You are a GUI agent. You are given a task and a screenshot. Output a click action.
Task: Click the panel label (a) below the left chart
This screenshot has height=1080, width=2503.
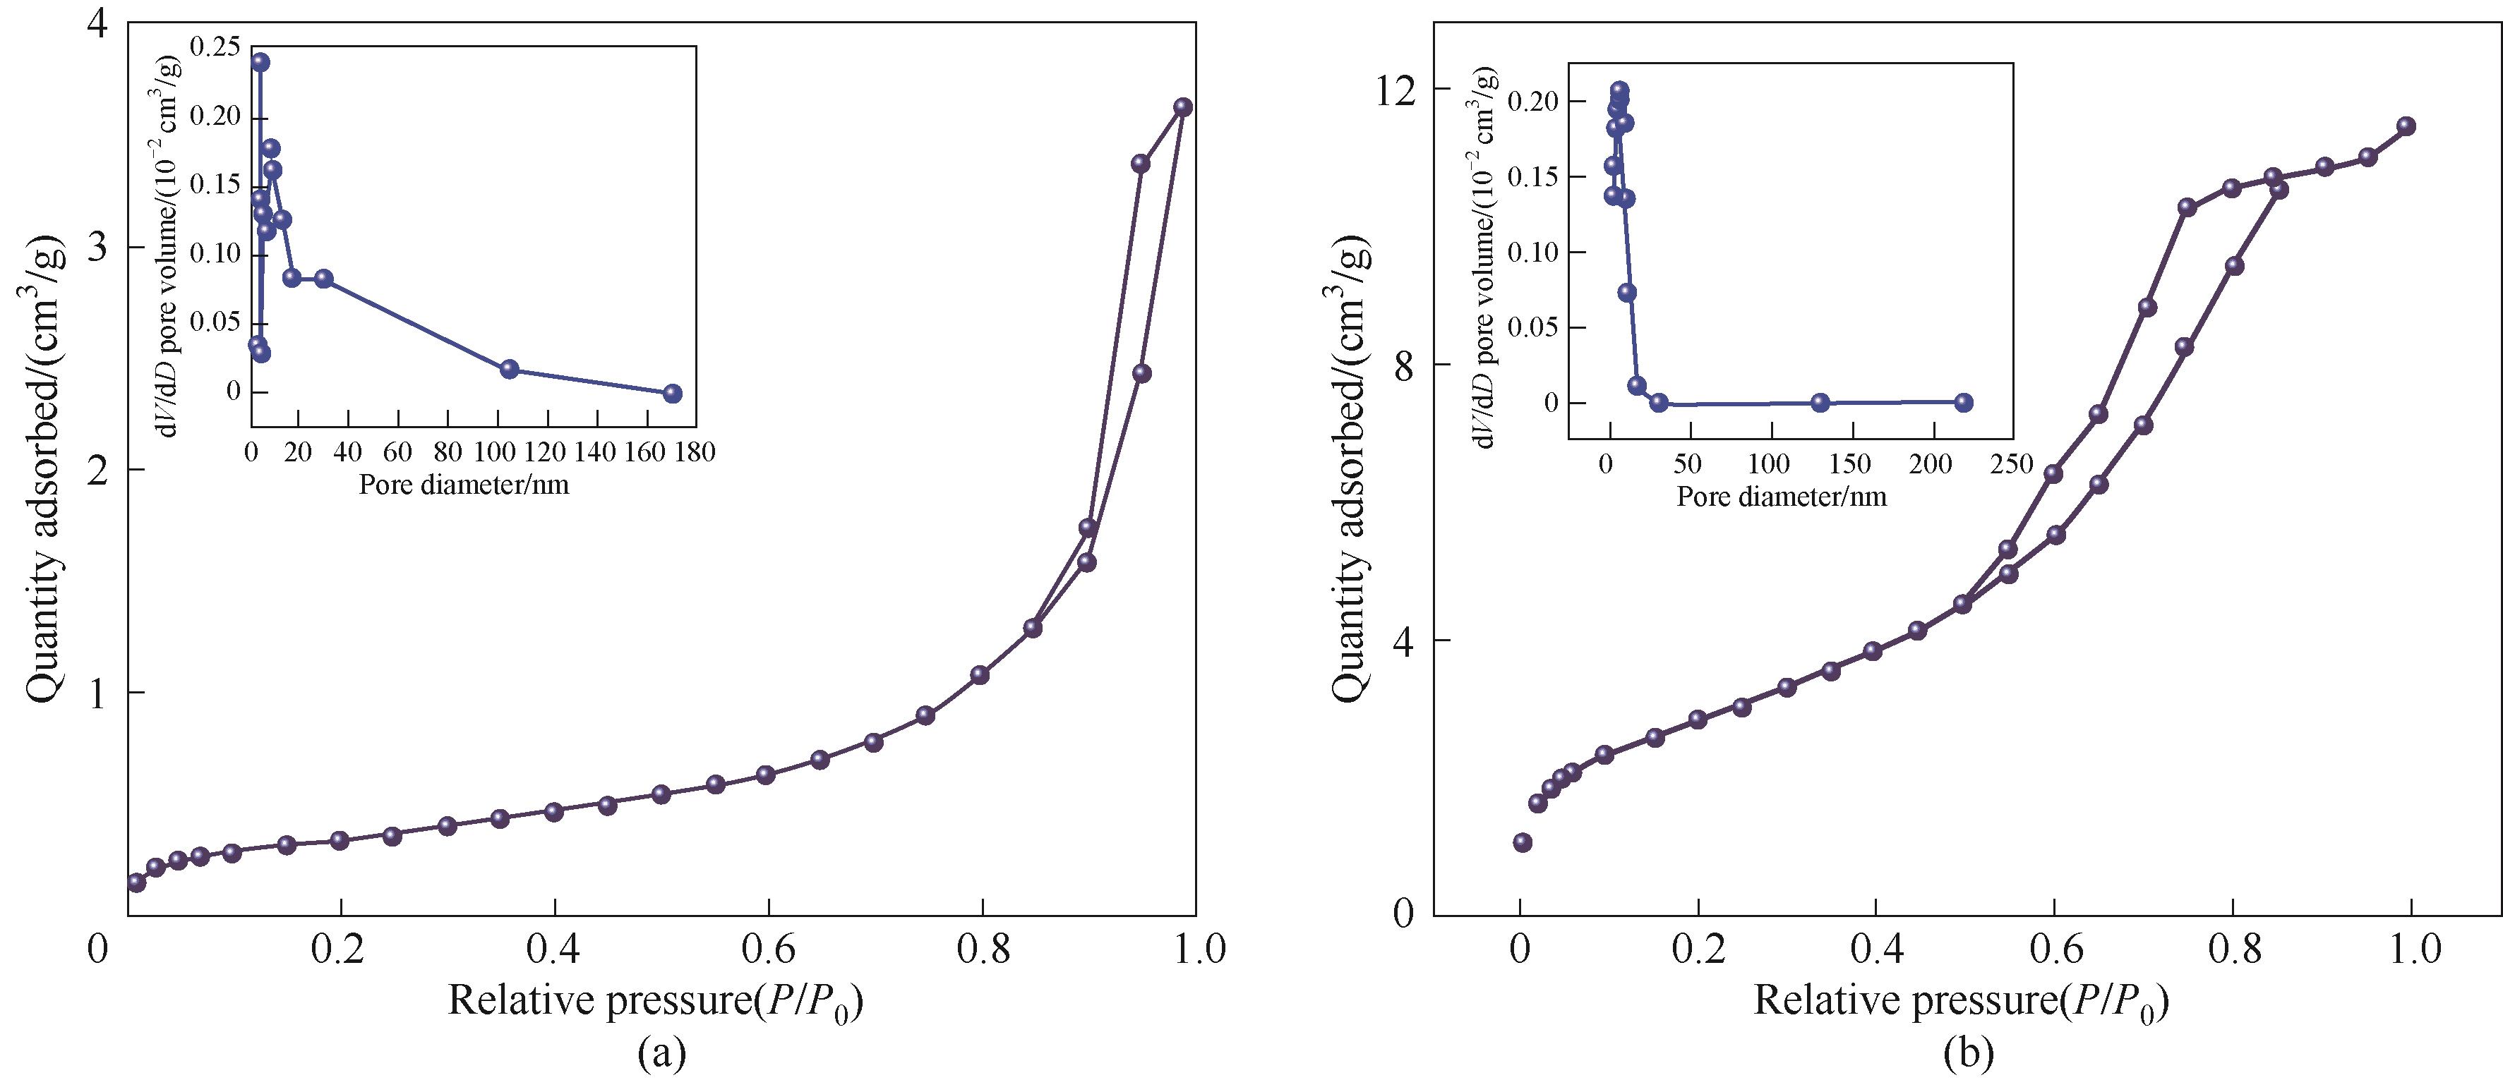click(x=663, y=1052)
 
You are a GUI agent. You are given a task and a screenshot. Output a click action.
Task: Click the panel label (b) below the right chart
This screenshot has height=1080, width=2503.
click(x=1969, y=1052)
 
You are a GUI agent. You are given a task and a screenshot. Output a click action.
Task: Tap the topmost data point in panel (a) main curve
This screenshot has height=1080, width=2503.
click(x=1182, y=107)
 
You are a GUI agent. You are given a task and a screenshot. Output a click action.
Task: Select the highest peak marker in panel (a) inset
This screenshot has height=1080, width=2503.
click(x=260, y=62)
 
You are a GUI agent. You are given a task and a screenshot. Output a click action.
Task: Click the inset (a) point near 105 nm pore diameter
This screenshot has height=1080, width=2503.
click(x=509, y=369)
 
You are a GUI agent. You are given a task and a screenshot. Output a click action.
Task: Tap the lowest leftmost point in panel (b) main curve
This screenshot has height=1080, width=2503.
click(x=1523, y=842)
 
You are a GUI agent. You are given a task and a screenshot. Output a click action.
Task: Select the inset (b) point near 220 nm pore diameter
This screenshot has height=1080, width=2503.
click(x=1964, y=402)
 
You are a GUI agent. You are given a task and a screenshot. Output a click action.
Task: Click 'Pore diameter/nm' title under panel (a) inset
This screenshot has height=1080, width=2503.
click(x=464, y=485)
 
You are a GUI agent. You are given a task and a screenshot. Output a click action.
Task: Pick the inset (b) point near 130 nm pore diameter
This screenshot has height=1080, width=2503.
click(x=1821, y=402)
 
